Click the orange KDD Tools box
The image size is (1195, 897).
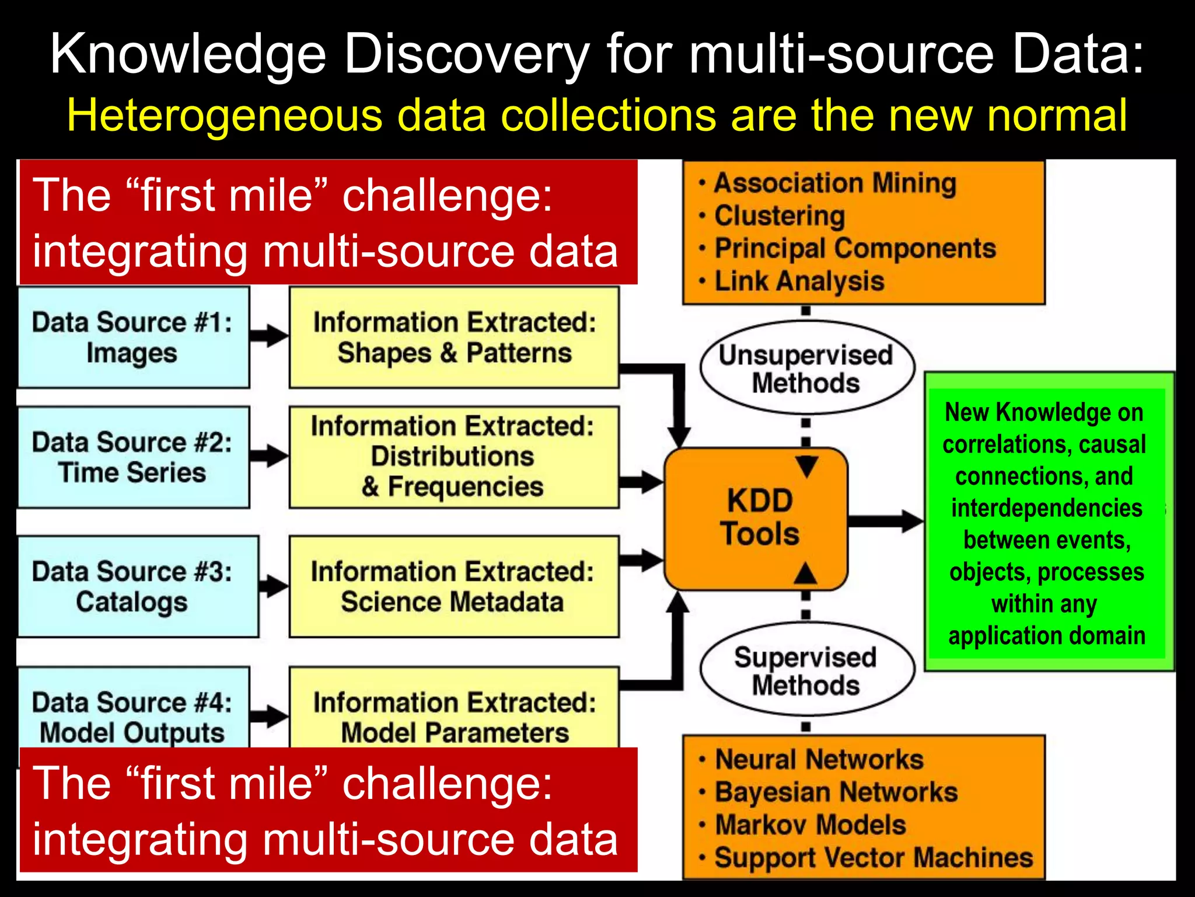coord(756,519)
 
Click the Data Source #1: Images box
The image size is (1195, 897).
coord(133,338)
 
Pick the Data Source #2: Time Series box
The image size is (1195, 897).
coord(133,457)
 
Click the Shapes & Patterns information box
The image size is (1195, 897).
coord(454,338)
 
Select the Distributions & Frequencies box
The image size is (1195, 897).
coord(454,457)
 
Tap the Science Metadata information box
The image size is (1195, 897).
coord(454,586)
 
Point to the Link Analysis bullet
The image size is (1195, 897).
coord(799,281)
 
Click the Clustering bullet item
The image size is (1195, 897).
coord(780,216)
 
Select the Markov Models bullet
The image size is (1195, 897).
coord(810,825)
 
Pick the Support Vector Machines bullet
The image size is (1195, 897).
coord(873,858)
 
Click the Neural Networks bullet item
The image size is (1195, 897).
coord(819,760)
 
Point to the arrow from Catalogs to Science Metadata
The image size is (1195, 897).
coord(273,586)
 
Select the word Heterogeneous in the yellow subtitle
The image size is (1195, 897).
coord(224,116)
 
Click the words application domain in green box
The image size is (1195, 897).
coord(1047,635)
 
